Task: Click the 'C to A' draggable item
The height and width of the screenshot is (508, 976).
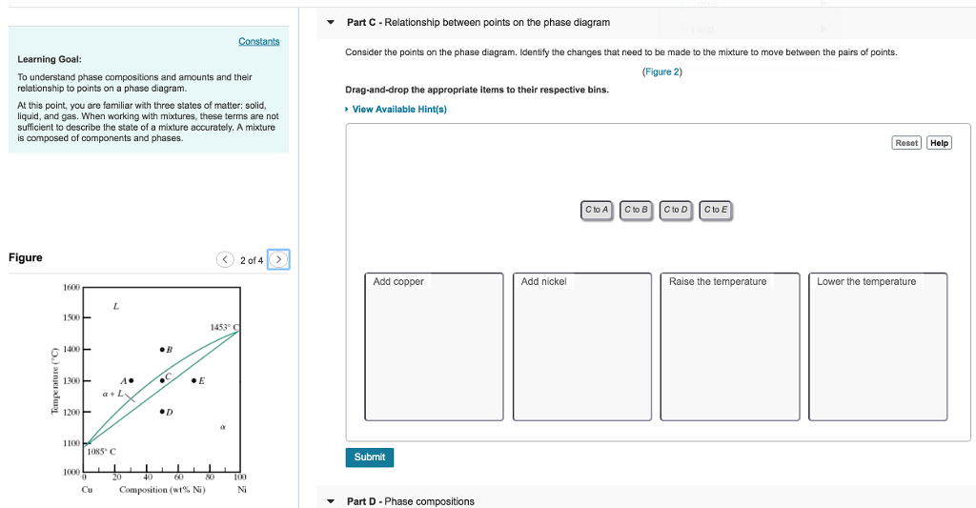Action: pos(597,211)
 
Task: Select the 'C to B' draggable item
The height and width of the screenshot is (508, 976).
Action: pos(636,211)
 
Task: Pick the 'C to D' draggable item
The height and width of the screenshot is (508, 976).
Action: pos(676,211)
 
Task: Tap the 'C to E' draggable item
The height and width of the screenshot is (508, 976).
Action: pos(715,211)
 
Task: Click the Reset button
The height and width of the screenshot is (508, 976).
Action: pos(906,143)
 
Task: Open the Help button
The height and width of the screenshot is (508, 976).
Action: pos(939,143)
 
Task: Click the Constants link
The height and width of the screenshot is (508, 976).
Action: pos(259,41)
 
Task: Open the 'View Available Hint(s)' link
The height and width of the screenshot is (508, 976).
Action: pos(399,109)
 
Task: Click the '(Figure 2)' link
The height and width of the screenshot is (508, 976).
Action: pos(662,71)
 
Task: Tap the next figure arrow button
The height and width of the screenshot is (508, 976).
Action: pos(278,259)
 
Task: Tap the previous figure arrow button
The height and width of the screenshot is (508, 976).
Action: pos(225,259)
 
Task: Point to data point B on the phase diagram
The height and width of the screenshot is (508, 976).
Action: pos(162,350)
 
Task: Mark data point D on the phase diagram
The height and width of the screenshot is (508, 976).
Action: pos(162,412)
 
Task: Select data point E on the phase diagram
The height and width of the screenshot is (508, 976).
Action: pos(194,380)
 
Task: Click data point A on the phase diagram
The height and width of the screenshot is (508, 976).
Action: pos(131,380)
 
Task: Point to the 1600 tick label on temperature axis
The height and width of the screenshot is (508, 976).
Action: pos(71,287)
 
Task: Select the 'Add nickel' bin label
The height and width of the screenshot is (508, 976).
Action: pos(543,281)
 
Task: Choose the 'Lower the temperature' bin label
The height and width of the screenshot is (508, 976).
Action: pos(866,281)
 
